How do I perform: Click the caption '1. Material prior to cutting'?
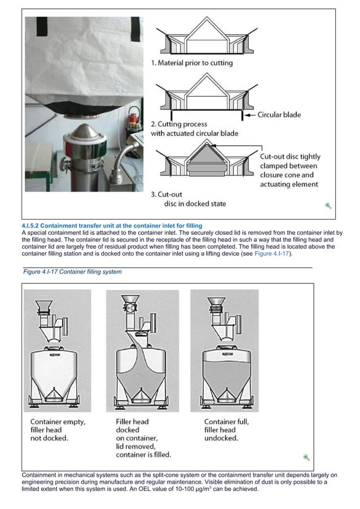click(191, 63)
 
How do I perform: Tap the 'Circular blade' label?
click(279, 115)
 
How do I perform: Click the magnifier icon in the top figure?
click(328, 206)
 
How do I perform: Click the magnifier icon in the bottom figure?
click(306, 457)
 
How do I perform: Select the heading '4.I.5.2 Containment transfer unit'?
click(111, 226)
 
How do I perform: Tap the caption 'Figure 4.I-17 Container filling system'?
click(72, 272)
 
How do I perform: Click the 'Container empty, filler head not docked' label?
click(55, 429)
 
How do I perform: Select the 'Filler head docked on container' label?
click(143, 437)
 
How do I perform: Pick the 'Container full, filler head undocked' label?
click(226, 429)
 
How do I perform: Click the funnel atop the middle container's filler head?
click(130, 302)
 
